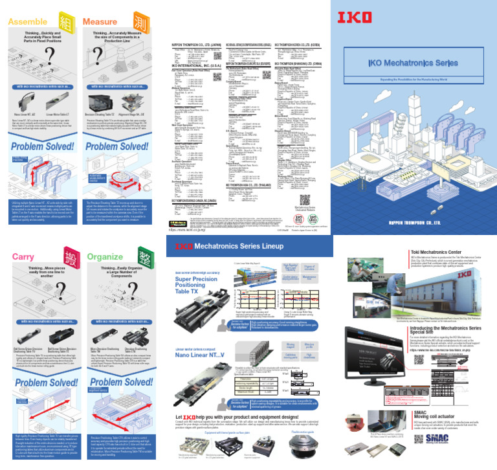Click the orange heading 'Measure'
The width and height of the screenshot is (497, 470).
pos(100,22)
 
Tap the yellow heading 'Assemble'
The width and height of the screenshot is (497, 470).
pos(27,22)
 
